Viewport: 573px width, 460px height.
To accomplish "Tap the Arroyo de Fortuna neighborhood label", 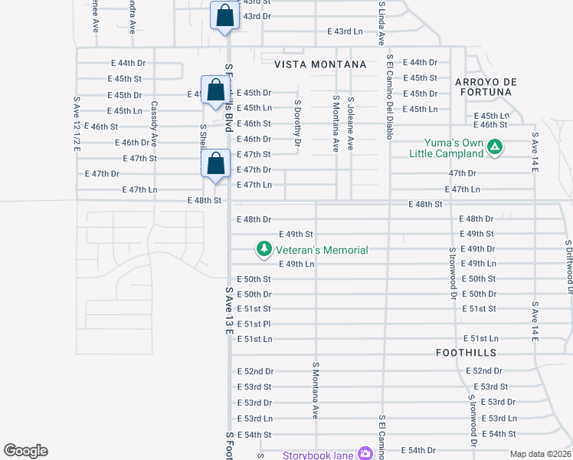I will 486,87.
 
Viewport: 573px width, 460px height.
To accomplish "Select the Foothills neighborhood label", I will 466,353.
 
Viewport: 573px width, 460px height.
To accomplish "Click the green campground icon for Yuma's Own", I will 495,145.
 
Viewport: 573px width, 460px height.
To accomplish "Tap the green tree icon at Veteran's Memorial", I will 264,249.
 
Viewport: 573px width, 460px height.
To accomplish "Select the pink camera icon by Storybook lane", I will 365,455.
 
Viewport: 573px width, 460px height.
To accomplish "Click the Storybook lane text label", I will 318,455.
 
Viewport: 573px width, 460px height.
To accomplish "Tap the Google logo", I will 26,451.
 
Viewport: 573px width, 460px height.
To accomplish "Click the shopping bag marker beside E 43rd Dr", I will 224,16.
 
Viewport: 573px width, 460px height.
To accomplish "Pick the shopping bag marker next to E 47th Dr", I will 215,163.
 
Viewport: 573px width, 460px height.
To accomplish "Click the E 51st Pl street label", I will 254,324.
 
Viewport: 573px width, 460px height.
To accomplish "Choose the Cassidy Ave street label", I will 154,124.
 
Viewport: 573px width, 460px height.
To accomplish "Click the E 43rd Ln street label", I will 344,31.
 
